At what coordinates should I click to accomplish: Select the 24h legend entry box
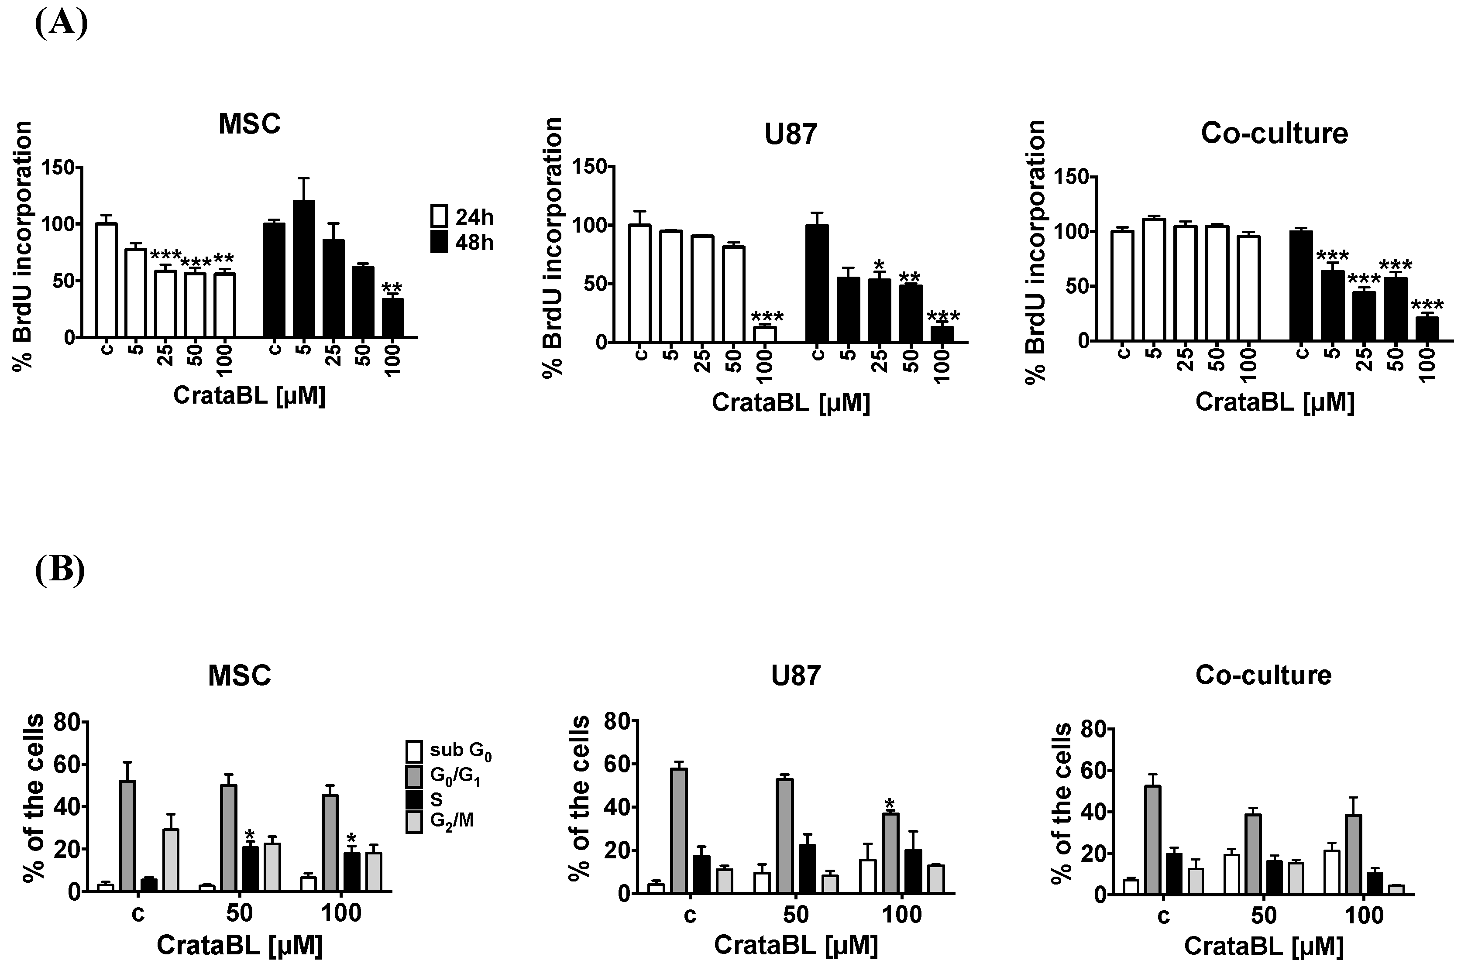(x=439, y=216)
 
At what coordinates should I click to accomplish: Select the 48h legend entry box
(x=439, y=242)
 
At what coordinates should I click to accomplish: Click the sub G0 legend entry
(x=414, y=751)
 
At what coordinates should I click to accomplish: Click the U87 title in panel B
(x=796, y=676)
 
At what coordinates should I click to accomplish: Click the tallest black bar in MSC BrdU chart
(x=303, y=269)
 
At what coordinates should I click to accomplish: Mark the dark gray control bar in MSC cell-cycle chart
(x=127, y=836)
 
